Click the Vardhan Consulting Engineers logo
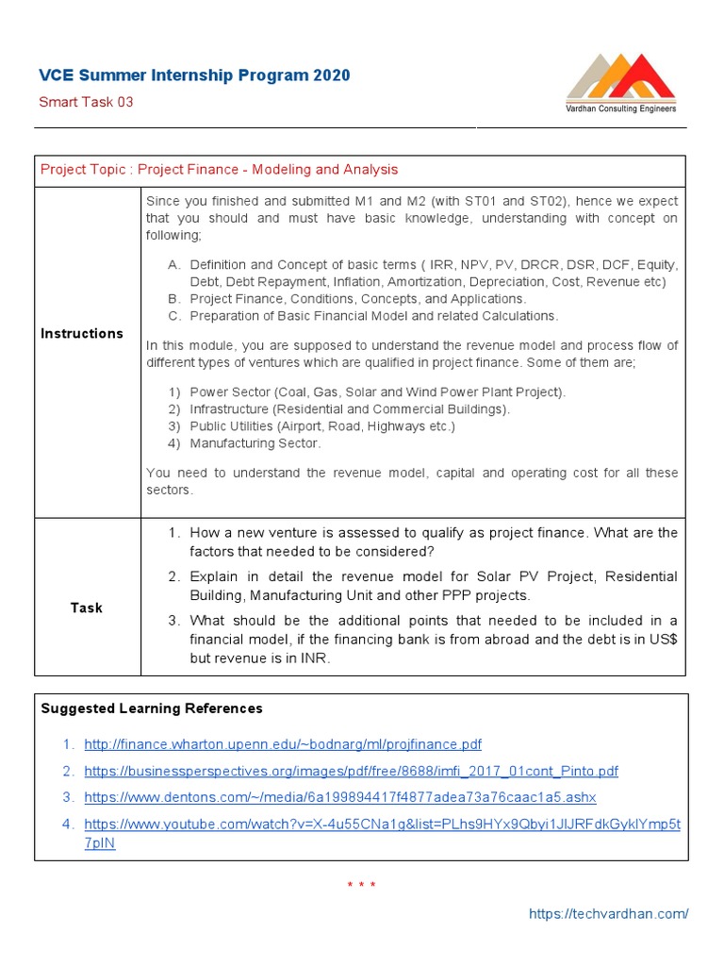click(x=620, y=84)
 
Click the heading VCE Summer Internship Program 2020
click(x=194, y=75)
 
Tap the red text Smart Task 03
click(x=86, y=102)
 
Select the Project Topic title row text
click(x=219, y=170)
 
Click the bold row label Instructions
click(x=82, y=334)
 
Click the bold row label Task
click(x=86, y=608)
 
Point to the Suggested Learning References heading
click(x=152, y=708)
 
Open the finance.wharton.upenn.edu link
click(x=283, y=744)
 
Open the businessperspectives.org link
click(x=351, y=771)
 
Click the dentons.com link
click(x=339, y=797)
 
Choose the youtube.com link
click(x=382, y=824)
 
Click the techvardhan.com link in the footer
click(x=608, y=913)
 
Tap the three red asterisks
click(x=361, y=885)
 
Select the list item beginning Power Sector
click(x=377, y=391)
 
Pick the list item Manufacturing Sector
click(x=255, y=443)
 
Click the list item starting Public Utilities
click(x=321, y=426)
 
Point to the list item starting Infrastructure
click(x=349, y=409)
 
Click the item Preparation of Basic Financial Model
click(x=373, y=316)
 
